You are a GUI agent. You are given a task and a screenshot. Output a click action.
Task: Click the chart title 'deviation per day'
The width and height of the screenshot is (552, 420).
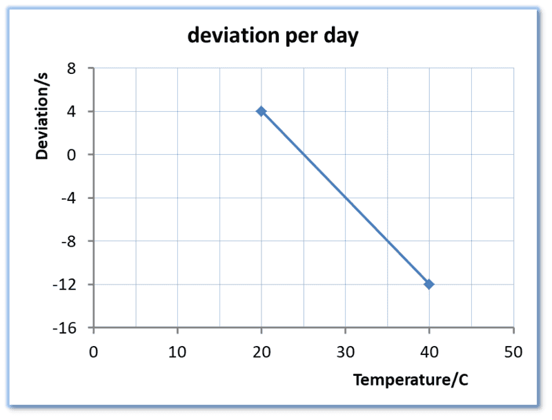pos(273,37)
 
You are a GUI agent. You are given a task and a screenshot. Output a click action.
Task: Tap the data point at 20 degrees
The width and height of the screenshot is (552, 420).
pos(262,111)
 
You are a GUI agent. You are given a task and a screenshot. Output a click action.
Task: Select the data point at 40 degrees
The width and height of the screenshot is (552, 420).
pos(429,284)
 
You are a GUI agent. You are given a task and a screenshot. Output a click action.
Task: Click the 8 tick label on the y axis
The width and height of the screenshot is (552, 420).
pos(72,68)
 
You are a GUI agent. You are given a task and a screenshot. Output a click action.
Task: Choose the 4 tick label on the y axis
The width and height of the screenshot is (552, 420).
pos(72,111)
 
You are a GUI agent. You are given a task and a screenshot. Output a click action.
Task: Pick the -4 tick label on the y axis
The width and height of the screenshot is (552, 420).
pos(69,198)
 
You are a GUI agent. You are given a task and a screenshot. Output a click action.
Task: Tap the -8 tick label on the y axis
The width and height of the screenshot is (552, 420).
pos(69,241)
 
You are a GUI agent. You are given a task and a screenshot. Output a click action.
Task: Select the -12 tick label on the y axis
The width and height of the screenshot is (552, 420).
pos(66,284)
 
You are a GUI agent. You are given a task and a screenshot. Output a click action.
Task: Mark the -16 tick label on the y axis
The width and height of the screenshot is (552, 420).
pos(66,327)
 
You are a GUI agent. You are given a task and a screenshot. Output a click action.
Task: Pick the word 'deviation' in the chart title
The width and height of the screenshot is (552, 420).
pos(226,36)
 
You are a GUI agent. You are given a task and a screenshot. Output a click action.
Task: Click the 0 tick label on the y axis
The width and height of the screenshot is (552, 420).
pos(72,155)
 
